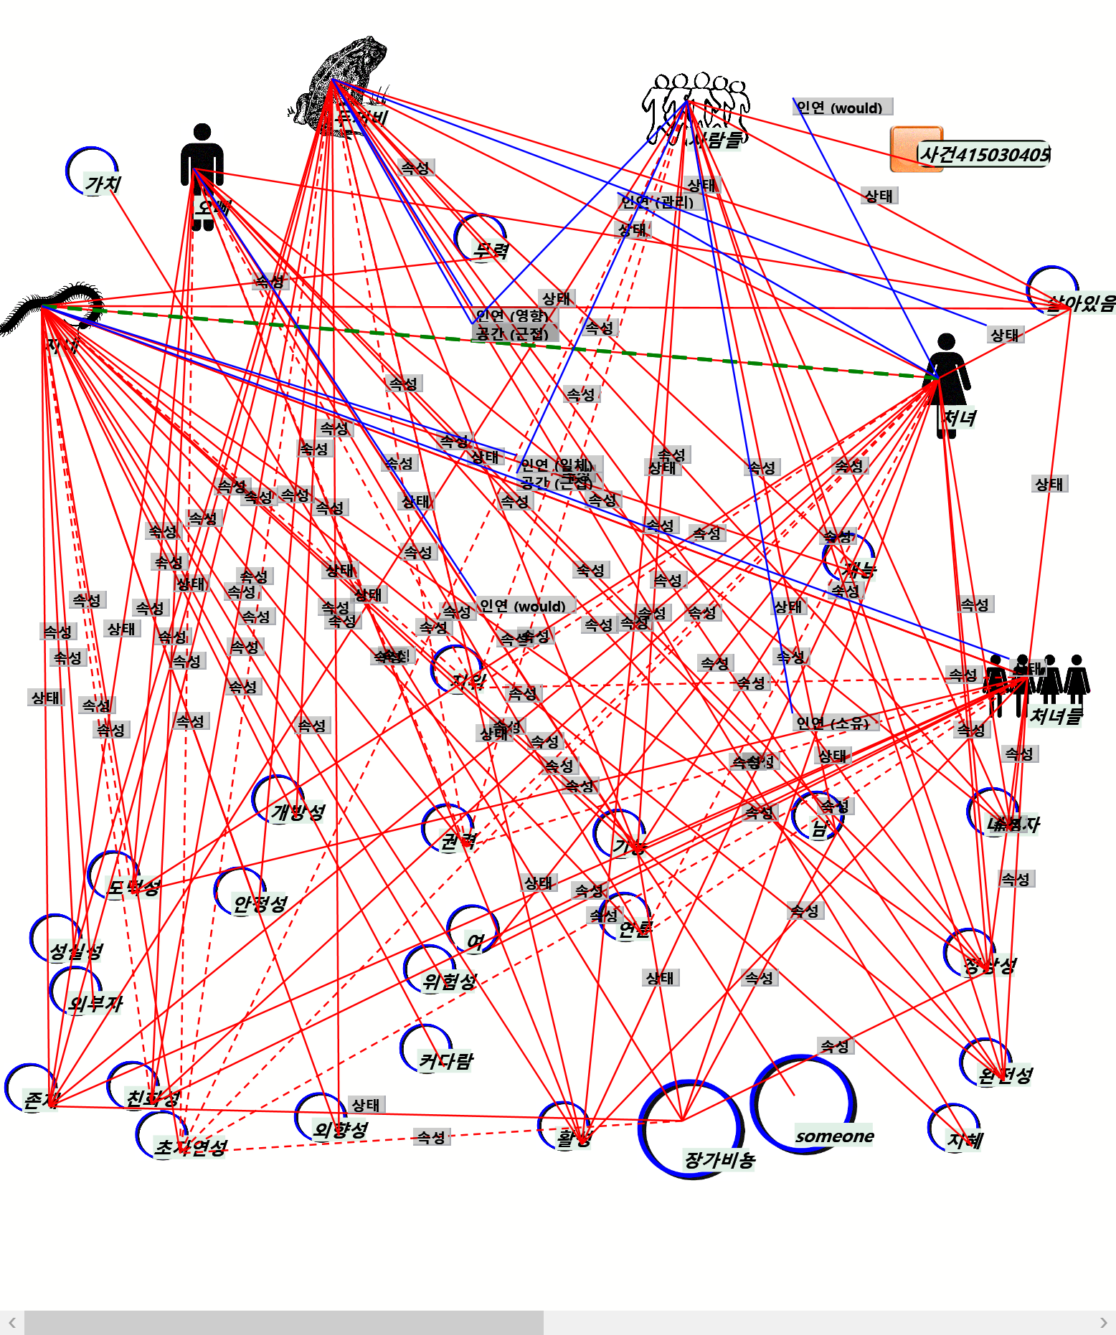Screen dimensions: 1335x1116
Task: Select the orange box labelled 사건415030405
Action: (916, 149)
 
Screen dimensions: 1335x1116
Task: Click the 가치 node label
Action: (103, 185)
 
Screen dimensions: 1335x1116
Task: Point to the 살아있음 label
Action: (1080, 303)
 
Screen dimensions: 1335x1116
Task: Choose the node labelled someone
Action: (834, 1136)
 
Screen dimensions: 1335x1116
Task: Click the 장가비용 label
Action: (719, 1159)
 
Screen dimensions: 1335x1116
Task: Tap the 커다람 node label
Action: (445, 1060)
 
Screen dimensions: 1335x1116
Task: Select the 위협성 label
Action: (449, 981)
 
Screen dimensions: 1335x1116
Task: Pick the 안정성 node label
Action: (260, 903)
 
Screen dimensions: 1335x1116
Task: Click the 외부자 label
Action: (95, 1003)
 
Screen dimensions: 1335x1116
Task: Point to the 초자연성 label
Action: (191, 1147)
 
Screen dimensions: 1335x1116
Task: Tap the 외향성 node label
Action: (341, 1130)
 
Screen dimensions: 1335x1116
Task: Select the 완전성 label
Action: (1006, 1075)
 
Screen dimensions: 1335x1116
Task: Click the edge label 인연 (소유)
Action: (833, 723)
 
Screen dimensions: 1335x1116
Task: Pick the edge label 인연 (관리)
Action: (657, 201)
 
